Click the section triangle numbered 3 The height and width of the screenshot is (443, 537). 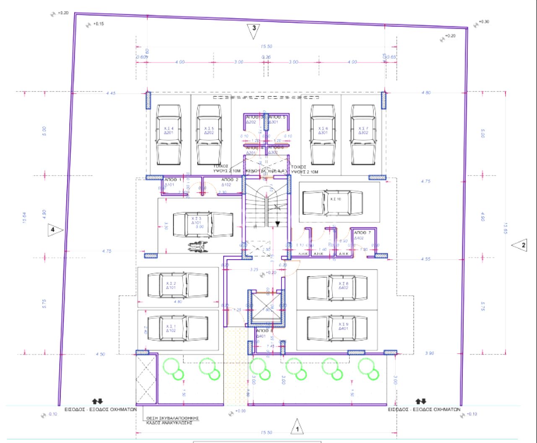pyautogui.click(x=254, y=31)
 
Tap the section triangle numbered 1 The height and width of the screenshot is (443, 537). pyautogui.click(x=297, y=427)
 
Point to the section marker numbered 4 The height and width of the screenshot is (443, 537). pyautogui.click(x=55, y=229)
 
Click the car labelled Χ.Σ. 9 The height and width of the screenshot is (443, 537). pyautogui.click(x=337, y=328)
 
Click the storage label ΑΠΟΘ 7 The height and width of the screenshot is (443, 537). pyautogui.click(x=362, y=232)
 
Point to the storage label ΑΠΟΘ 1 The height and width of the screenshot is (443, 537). pyautogui.click(x=172, y=180)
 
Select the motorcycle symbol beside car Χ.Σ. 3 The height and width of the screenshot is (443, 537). pyautogui.click(x=197, y=248)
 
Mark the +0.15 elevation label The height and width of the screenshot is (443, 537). pyautogui.click(x=98, y=24)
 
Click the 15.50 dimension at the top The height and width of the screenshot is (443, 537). pyautogui.click(x=266, y=47)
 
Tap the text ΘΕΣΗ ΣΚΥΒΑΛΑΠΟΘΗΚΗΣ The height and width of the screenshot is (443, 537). pyautogui.click(x=172, y=418)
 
